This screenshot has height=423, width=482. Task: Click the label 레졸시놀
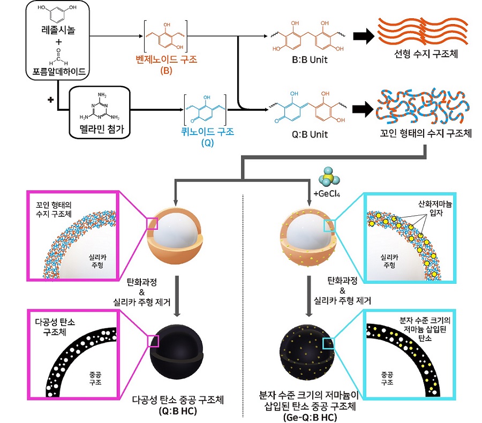point(57,31)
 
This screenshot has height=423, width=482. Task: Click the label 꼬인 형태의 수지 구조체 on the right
point(422,132)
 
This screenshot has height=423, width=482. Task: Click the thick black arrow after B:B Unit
point(363,35)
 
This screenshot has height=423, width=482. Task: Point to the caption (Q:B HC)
point(177,411)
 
